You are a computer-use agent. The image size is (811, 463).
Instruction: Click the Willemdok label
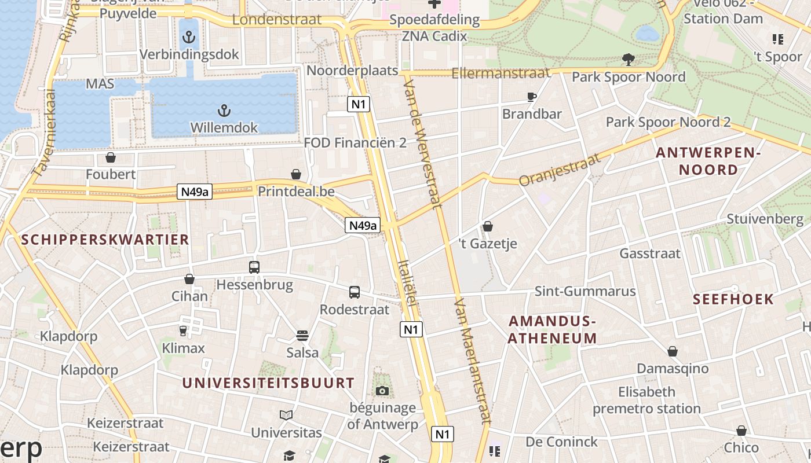coord(224,127)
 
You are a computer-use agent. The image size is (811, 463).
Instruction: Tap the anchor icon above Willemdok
coord(224,110)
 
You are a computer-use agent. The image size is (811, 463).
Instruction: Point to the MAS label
coord(100,84)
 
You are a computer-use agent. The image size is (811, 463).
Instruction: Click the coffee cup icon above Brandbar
coord(532,97)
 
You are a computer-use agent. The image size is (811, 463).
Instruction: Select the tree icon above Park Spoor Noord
coord(628,59)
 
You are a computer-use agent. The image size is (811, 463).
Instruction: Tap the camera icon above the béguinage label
coord(382,391)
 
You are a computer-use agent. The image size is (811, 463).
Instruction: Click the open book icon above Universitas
coord(286,415)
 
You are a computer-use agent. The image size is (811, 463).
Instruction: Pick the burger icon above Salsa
coord(302,336)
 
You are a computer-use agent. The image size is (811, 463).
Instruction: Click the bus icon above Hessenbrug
coord(254,267)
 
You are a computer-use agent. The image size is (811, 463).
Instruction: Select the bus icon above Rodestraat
coord(355,292)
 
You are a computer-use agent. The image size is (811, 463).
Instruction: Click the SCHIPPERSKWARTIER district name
coord(105,240)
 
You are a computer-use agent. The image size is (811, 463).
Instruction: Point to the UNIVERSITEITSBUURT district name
coord(268,383)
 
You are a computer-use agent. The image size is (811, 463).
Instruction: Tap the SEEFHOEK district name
coord(734,299)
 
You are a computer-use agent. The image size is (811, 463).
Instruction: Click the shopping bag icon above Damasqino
coord(673,351)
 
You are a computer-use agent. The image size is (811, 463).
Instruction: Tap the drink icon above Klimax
coord(183,330)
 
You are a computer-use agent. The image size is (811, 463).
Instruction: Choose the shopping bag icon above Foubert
coord(111,157)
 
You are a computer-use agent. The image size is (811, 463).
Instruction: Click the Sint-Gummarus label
coord(585,291)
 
